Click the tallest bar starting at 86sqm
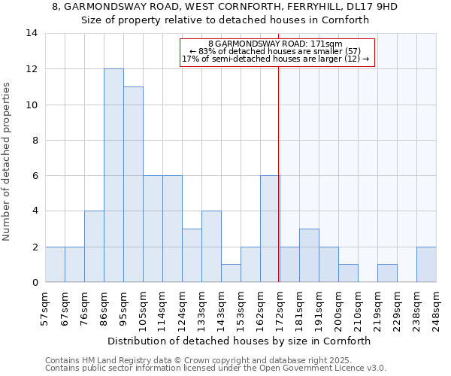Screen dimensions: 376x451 point(114,175)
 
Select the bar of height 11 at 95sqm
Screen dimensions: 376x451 point(133,184)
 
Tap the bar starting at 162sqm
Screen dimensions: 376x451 point(270,229)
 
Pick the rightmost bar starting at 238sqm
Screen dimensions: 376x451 point(426,264)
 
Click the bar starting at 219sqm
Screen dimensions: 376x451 point(387,273)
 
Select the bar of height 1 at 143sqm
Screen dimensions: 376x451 point(231,273)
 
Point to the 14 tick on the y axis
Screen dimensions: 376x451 point(31,33)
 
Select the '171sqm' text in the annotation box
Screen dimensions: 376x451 point(327,44)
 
